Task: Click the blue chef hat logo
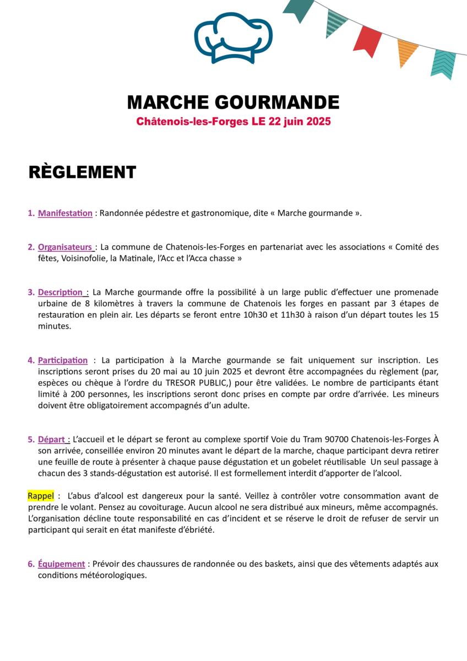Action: click(233, 37)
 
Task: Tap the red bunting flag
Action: click(367, 40)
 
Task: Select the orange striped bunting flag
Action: click(407, 52)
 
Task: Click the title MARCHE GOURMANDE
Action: click(233, 102)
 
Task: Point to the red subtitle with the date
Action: click(233, 121)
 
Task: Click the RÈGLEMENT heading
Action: click(82, 172)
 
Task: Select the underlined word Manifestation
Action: click(65, 213)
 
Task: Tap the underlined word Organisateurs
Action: click(65, 247)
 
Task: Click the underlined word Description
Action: click(60, 292)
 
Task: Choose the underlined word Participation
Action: click(63, 360)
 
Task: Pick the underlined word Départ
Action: click(52, 440)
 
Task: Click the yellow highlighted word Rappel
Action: click(41, 496)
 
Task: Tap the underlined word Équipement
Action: click(61, 564)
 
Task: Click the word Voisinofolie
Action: click(83, 258)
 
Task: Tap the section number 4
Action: click(31, 360)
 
